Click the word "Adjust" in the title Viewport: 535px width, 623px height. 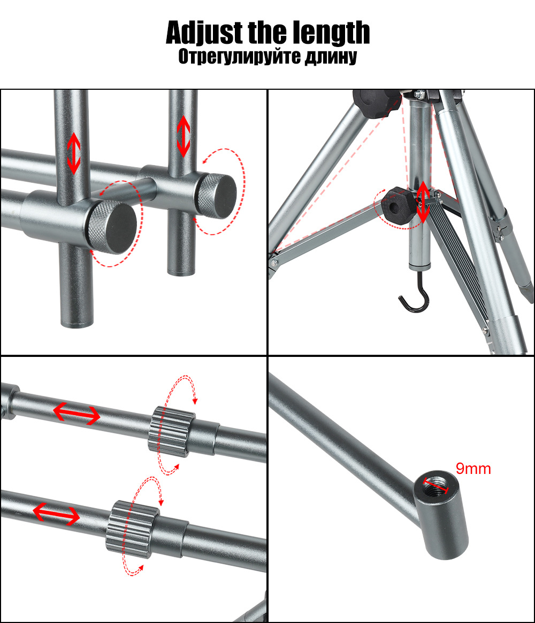(x=204, y=33)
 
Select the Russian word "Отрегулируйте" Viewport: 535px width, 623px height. (x=239, y=57)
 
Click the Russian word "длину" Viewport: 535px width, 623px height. (x=331, y=57)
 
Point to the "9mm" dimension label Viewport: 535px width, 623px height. (x=473, y=469)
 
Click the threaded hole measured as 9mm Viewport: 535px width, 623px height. (x=436, y=485)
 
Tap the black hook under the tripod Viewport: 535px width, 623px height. (x=415, y=298)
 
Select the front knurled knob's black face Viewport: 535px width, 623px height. (x=118, y=228)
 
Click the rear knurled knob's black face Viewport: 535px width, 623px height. (x=221, y=196)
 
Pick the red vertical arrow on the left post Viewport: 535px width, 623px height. (x=74, y=153)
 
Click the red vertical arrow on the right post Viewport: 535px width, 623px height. (x=184, y=136)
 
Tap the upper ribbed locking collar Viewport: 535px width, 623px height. (x=172, y=432)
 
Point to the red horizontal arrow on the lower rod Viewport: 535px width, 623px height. (x=56, y=514)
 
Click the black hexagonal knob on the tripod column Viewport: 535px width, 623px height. (x=396, y=206)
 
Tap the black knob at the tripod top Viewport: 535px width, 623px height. (x=377, y=103)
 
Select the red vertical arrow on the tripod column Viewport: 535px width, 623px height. (x=423, y=202)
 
